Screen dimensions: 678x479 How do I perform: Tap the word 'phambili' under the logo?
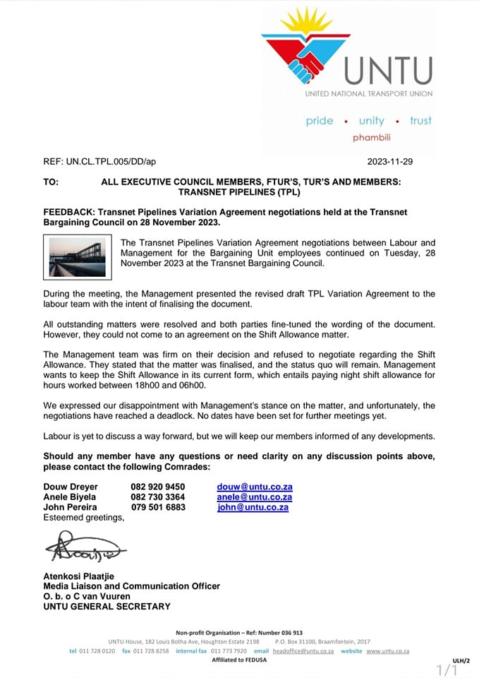click(371, 137)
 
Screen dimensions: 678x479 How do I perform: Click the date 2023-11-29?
click(390, 162)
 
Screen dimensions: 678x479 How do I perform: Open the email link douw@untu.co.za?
click(254, 487)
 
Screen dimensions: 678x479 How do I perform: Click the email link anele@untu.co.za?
click(254, 497)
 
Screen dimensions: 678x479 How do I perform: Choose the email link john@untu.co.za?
click(253, 507)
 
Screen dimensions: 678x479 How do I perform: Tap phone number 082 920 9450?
click(158, 487)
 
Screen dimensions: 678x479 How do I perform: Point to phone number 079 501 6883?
click(158, 507)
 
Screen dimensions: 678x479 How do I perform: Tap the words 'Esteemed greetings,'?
click(83, 517)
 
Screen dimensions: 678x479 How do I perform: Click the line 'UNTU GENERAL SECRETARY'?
click(107, 606)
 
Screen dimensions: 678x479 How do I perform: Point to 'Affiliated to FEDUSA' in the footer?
click(239, 660)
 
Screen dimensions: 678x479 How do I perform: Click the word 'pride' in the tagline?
click(319, 121)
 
